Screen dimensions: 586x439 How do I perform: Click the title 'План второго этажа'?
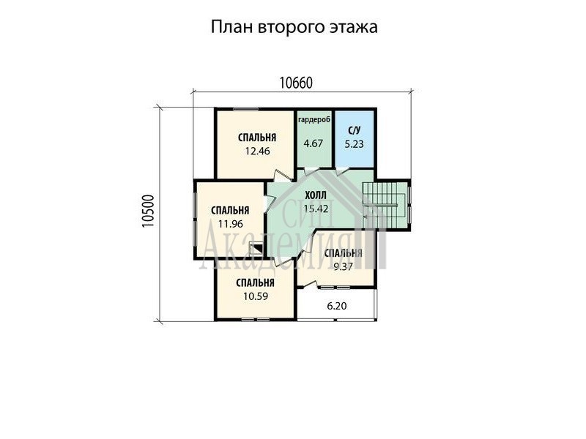pos(294,27)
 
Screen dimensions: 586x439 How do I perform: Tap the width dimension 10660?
pos(296,83)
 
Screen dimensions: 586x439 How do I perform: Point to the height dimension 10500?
pos(149,211)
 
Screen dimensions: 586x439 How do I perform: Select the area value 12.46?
pos(257,151)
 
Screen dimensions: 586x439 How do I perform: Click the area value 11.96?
pos(231,224)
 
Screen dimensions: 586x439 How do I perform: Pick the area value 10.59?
pos(256,296)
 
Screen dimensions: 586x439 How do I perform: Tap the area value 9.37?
pos(343,266)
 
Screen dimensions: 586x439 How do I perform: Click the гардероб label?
pos(314,120)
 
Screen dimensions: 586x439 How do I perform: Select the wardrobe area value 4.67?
pos(314,143)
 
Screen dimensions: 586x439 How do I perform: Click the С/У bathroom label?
pos(354,131)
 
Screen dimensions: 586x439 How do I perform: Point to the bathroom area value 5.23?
pos(354,144)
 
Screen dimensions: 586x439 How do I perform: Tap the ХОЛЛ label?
pos(316,195)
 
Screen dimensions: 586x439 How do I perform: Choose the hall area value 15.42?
pos(316,209)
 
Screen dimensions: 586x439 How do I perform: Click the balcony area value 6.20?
pos(337,306)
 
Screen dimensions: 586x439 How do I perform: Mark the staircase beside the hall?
pos(385,205)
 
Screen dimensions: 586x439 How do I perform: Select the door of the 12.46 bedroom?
pos(283,176)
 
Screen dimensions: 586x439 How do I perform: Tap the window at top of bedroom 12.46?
pos(246,109)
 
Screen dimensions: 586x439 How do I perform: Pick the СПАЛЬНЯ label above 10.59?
pos(255,283)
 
